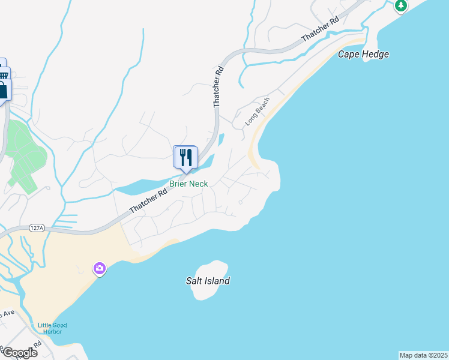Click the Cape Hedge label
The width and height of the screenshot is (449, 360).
[x=363, y=55]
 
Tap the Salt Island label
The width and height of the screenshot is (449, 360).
[x=208, y=281]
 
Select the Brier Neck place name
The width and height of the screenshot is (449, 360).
[x=188, y=184]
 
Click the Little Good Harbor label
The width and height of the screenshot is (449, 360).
[x=52, y=329]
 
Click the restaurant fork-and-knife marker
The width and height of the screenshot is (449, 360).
[x=185, y=158]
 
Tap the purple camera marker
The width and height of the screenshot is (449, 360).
[x=100, y=268]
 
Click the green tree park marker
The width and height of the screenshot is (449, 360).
[x=401, y=5]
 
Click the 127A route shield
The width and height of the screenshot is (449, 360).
[x=37, y=228]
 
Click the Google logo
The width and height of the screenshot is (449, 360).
[x=19, y=353]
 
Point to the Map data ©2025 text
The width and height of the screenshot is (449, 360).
[x=423, y=355]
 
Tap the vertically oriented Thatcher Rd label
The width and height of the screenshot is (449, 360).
[x=218, y=86]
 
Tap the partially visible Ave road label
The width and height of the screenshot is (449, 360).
[x=7, y=314]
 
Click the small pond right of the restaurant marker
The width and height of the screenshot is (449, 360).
[x=221, y=140]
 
